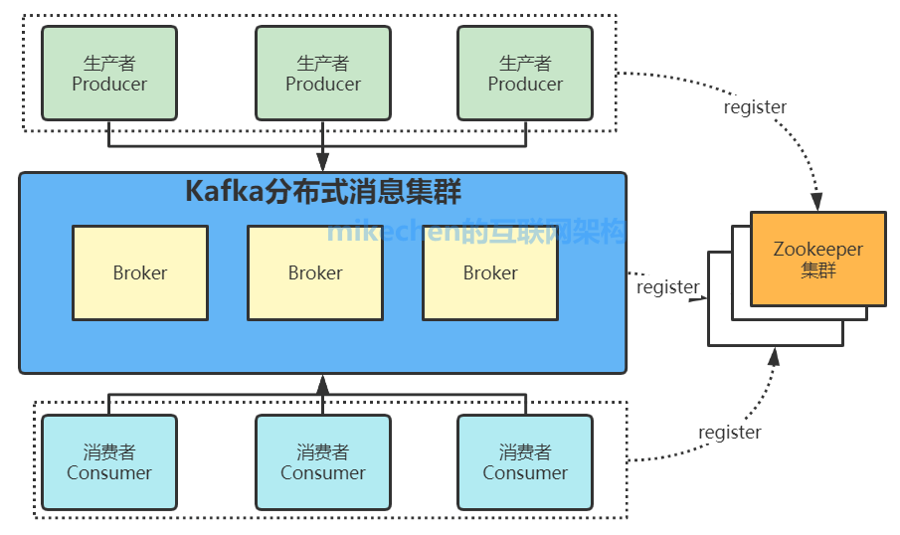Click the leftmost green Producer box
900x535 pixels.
tap(109, 73)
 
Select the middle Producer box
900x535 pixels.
tap(323, 73)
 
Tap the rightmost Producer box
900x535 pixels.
tap(525, 73)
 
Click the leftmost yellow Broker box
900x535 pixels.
tap(140, 272)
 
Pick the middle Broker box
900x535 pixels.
tap(315, 272)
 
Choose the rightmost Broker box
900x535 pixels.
tap(490, 272)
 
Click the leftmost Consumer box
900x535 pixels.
tap(109, 462)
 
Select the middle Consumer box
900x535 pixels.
tap(323, 462)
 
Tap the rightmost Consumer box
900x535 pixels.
tap(525, 462)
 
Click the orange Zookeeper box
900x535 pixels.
tap(818, 259)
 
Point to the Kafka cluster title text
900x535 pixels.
tap(323, 191)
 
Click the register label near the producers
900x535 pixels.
tap(755, 107)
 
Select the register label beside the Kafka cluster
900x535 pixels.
tap(667, 287)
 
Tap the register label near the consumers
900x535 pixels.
tap(729, 433)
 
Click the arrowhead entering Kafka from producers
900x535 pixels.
tap(322, 163)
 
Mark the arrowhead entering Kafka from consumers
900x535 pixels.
tap(322, 383)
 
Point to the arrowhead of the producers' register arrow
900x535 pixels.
tap(817, 201)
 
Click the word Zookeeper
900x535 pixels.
tap(818, 250)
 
